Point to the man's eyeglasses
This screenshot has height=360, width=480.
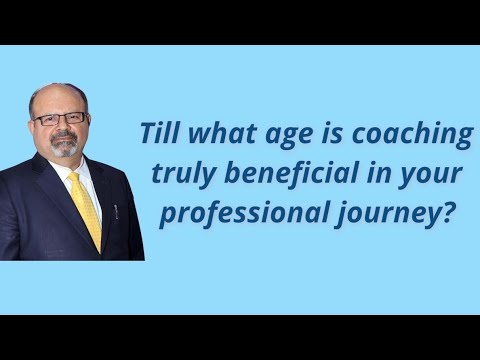click(61, 118)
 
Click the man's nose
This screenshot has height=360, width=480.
click(65, 128)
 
